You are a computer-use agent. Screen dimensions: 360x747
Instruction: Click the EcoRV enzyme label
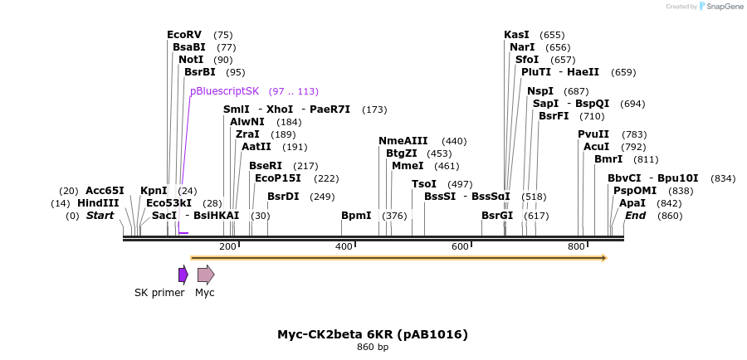point(184,35)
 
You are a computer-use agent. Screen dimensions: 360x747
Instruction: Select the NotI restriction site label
point(190,60)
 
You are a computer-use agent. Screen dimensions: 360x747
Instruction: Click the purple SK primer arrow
point(183,275)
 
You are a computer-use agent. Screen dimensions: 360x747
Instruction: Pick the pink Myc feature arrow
point(205,275)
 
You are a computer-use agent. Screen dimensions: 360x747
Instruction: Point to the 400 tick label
point(343,247)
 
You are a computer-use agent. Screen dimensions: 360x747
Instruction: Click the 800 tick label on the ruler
point(575,247)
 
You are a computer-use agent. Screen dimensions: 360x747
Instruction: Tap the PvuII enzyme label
point(593,134)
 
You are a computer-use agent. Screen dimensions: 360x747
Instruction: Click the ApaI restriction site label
point(632,203)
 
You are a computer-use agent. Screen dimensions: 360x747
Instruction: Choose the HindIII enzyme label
point(98,203)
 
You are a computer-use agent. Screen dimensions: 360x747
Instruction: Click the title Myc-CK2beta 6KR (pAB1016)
point(373,334)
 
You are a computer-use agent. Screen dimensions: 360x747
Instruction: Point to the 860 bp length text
point(373,348)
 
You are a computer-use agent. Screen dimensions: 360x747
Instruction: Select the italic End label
point(635,216)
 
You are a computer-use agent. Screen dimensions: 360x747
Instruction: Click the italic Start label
point(100,216)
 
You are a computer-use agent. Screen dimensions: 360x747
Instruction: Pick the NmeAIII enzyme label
point(403,141)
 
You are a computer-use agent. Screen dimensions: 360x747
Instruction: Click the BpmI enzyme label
point(356,216)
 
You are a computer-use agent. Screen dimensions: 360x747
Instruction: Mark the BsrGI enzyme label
point(497,216)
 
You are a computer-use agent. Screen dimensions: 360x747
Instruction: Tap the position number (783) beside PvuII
point(634,134)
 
